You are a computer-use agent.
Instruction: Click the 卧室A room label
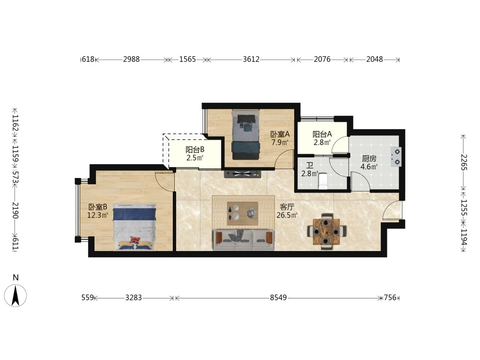(x=280, y=134)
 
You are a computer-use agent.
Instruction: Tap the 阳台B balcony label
(x=195, y=150)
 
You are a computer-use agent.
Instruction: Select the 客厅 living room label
(x=287, y=207)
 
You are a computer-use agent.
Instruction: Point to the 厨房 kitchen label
(x=369, y=158)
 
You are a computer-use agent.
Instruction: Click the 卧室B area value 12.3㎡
(x=97, y=215)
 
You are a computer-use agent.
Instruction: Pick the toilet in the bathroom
(x=323, y=180)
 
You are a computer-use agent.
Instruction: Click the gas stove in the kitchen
(x=396, y=157)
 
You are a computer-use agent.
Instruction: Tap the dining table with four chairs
(x=326, y=231)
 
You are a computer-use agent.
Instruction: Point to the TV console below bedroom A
(x=242, y=174)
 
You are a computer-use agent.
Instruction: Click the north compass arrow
(x=15, y=295)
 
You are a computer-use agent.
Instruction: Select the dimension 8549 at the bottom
(x=278, y=298)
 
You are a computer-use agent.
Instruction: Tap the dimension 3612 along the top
(x=251, y=59)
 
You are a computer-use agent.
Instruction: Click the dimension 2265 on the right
(x=464, y=163)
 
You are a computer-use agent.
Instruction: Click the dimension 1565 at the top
(x=187, y=59)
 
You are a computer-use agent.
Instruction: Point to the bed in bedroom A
(x=246, y=135)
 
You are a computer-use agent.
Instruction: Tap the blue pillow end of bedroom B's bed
(x=134, y=214)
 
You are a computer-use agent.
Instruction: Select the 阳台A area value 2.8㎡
(x=322, y=143)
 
